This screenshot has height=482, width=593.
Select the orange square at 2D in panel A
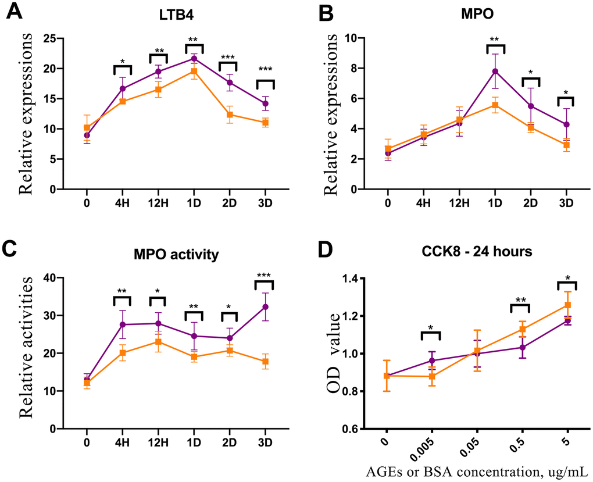tap(230, 115)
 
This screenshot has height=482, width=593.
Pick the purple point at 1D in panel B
tap(495, 72)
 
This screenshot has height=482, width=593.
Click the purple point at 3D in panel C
tap(266, 307)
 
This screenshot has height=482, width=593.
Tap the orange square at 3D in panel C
tap(266, 362)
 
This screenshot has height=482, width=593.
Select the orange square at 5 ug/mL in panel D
tap(568, 305)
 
